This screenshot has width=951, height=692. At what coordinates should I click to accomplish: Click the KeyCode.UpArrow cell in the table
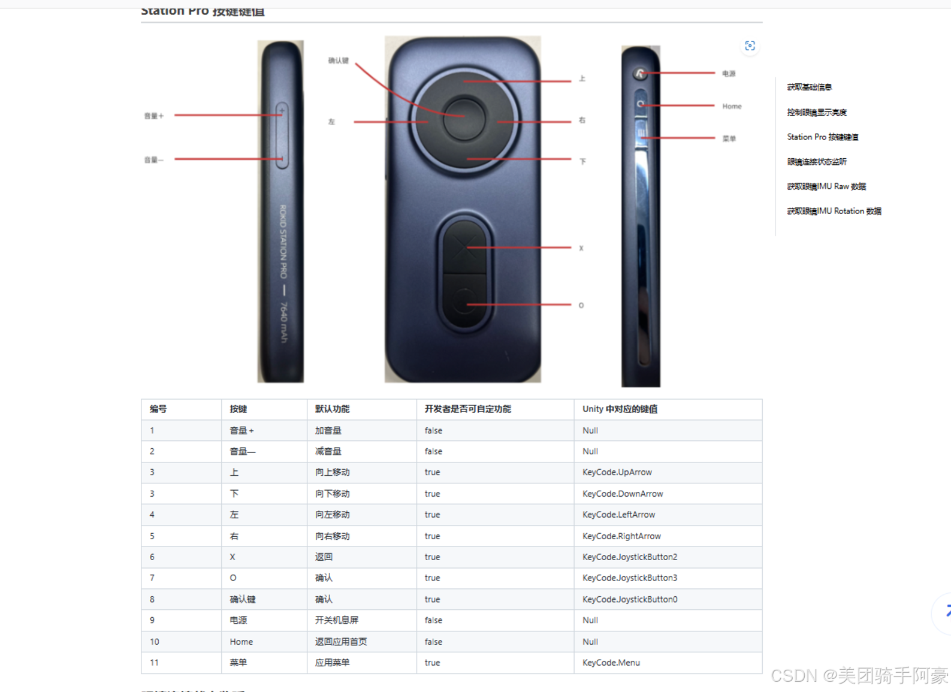click(617, 472)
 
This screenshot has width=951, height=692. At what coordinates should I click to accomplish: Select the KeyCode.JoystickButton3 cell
click(629, 578)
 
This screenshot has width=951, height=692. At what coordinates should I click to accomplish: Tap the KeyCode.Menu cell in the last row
click(611, 663)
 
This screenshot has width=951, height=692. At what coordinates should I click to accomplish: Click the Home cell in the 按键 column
click(241, 642)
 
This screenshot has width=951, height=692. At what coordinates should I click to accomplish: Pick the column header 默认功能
click(332, 409)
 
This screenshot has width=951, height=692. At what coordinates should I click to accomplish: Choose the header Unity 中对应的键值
click(620, 409)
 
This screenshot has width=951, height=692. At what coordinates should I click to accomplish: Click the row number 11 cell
click(154, 663)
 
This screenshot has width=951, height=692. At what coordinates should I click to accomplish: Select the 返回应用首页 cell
click(341, 642)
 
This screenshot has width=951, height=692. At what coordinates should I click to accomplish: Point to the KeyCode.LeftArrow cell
click(618, 515)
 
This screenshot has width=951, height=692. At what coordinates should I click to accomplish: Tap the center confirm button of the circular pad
click(464, 117)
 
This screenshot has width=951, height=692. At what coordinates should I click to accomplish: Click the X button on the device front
click(464, 246)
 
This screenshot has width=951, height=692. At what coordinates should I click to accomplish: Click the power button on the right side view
click(640, 74)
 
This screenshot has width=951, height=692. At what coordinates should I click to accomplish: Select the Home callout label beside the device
click(732, 106)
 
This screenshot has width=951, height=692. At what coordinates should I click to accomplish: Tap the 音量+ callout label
click(153, 116)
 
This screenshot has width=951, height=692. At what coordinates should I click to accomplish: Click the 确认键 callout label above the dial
click(338, 61)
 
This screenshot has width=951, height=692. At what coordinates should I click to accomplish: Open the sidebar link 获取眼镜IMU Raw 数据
click(826, 186)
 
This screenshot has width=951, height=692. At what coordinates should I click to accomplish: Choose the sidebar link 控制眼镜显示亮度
click(816, 112)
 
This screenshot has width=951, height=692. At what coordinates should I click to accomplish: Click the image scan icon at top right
click(750, 46)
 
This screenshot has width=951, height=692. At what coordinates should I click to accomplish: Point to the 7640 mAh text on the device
click(283, 323)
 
